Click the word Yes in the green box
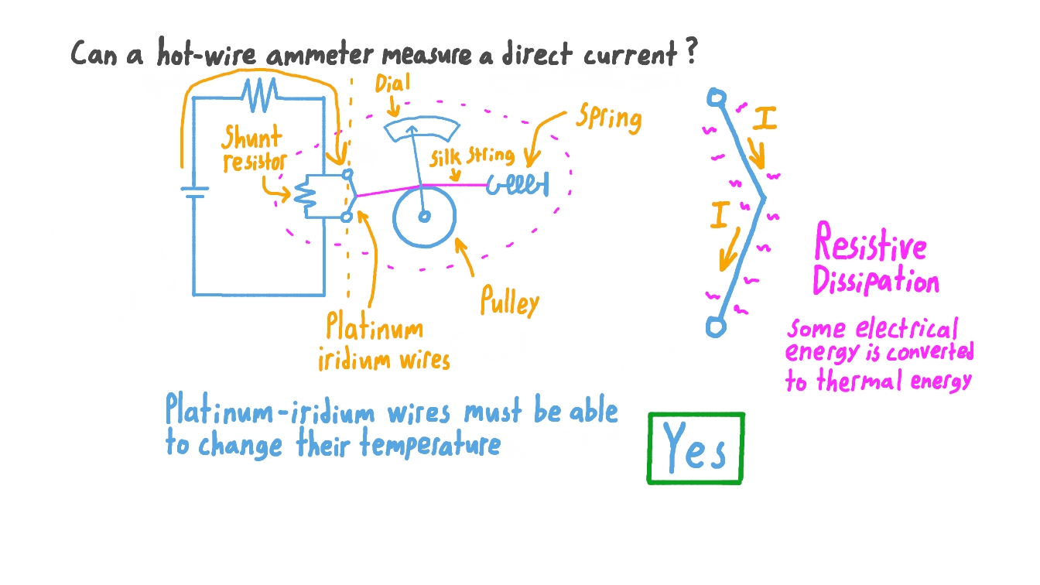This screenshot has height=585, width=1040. (695, 449)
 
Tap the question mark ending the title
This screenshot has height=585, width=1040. (691, 53)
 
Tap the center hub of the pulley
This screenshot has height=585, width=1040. (424, 217)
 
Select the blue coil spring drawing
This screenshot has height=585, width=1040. (518, 186)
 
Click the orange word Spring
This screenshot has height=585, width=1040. (609, 118)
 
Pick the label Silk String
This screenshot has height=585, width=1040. (471, 157)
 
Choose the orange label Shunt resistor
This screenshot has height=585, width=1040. (253, 151)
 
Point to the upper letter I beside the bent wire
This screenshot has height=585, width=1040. (765, 119)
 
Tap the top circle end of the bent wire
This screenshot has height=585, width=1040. (717, 98)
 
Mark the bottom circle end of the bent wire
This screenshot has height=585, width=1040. (717, 327)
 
